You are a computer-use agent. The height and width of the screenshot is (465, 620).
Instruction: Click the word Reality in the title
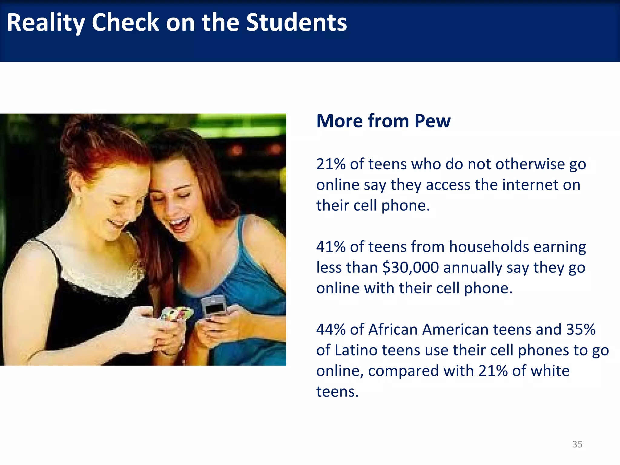pos(46,23)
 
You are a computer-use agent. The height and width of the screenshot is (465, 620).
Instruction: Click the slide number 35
pos(577,444)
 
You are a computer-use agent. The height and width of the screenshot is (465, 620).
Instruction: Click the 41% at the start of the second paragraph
pos(331,247)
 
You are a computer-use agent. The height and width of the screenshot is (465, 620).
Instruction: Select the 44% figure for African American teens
pos(331,329)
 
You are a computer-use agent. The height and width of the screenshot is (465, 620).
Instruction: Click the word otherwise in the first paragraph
pos(530,164)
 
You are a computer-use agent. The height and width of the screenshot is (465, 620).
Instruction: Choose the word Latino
pos(356,350)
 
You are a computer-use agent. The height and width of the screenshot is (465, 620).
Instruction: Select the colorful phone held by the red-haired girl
pos(176,314)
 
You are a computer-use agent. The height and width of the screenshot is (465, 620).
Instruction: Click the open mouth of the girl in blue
pos(179,224)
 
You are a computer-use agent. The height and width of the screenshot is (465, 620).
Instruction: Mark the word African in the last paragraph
pos(393,329)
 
